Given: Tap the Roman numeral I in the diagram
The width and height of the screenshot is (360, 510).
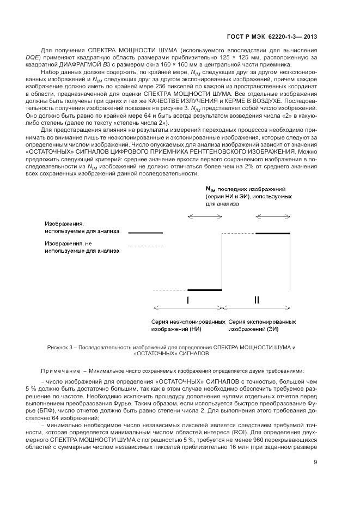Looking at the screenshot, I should coord(188,300).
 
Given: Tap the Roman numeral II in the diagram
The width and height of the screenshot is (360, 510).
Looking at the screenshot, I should coord(257,300).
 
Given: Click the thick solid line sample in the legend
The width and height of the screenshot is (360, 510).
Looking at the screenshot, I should coord(145,233).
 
